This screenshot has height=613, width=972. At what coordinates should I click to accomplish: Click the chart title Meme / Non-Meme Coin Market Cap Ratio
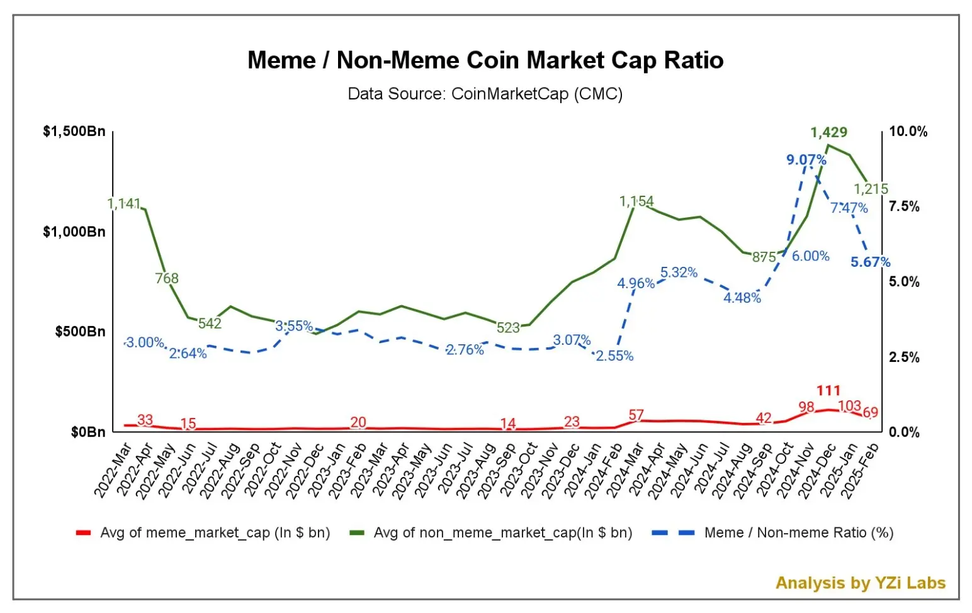[485, 60]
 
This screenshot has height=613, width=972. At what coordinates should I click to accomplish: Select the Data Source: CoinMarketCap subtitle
[485, 94]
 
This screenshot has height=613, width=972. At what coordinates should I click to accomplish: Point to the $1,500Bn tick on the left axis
[74, 132]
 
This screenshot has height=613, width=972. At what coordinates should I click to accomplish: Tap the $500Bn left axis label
[80, 332]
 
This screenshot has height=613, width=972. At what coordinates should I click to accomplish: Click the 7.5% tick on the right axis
[904, 206]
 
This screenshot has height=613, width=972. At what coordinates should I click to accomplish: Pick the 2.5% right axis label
[904, 357]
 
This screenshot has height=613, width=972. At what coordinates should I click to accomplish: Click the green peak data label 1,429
[828, 132]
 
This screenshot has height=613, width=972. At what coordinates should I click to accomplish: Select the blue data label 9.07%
[806, 160]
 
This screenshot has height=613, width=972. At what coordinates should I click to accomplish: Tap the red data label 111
[828, 391]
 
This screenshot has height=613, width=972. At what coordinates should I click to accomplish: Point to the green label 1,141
[124, 204]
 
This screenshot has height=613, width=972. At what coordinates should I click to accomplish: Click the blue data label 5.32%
[679, 273]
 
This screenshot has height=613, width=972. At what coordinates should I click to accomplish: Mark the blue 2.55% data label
[614, 356]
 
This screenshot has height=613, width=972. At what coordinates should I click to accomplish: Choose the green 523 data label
[508, 328]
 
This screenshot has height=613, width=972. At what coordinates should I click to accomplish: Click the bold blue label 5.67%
[870, 262]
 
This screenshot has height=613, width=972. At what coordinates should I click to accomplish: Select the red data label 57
[636, 415]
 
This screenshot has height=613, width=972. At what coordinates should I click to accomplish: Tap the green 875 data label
[764, 257]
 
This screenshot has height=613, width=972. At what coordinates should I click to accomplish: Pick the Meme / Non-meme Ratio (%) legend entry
[798, 533]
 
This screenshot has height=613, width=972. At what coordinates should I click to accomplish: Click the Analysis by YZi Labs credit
[860, 583]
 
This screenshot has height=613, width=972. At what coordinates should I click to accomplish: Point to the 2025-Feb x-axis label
[861, 471]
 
